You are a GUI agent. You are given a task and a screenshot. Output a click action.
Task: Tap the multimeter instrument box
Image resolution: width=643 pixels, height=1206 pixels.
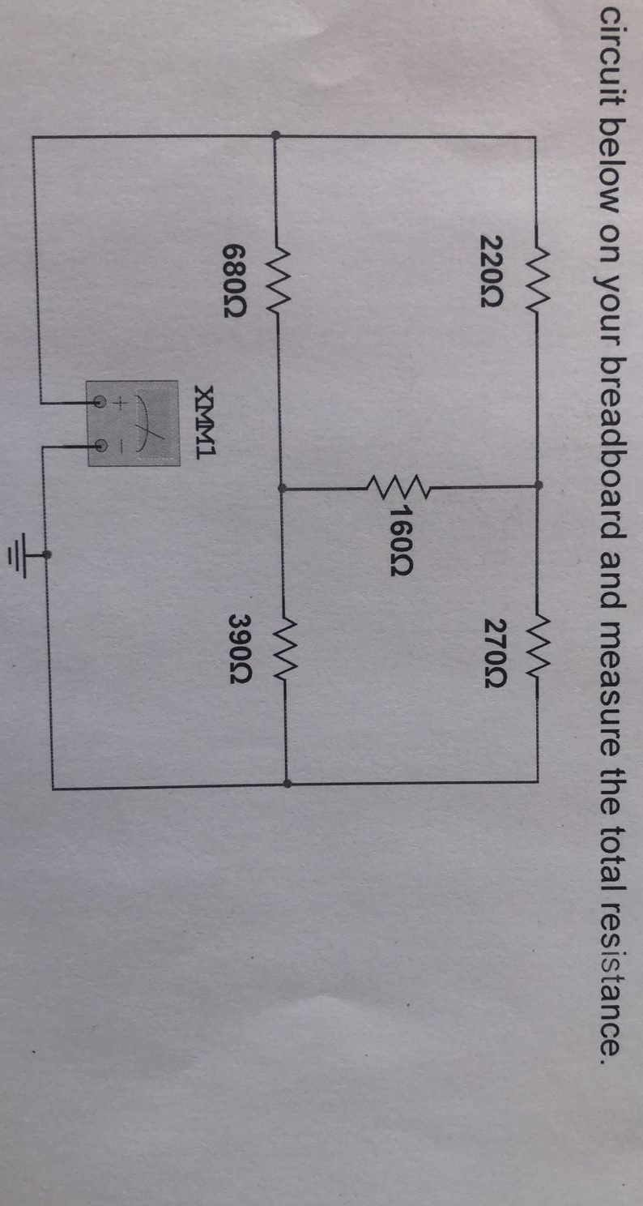(x=133, y=422)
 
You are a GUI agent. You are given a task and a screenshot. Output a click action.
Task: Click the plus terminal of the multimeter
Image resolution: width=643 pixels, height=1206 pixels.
(x=101, y=401)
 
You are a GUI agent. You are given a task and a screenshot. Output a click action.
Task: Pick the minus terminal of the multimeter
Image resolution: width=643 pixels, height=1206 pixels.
(x=101, y=444)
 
